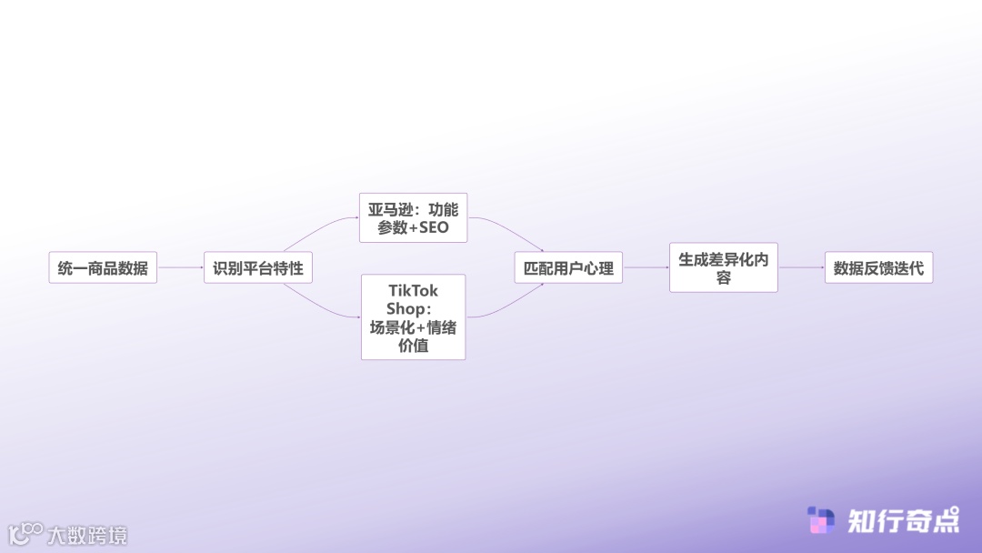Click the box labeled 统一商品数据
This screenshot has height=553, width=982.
[103, 268]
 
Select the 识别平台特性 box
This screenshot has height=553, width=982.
[258, 268]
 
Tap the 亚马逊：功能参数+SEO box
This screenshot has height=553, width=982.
[413, 217]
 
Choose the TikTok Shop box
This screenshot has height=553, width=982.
[413, 317]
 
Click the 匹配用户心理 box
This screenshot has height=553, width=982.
[568, 268]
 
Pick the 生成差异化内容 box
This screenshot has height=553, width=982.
[723, 267]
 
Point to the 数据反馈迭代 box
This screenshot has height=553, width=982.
[878, 268]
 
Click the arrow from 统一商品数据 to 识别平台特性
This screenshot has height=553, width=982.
[180, 267]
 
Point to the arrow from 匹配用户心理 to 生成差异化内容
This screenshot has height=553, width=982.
[646, 267]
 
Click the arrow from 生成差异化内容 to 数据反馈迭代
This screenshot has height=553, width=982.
[801, 267]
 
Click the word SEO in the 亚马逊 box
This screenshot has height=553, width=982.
[434, 227]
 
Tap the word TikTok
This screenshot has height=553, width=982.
[413, 291]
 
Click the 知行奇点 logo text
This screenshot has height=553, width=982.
[903, 520]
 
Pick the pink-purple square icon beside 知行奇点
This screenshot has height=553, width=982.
[821, 520]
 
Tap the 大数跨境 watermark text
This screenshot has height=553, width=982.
[87, 535]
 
